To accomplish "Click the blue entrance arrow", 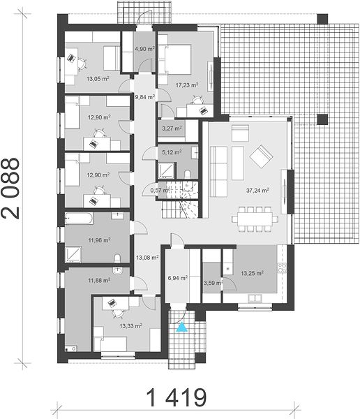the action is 182,327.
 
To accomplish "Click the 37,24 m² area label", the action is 257,190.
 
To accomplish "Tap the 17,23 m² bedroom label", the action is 187,85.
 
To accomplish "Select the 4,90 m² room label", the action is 144,49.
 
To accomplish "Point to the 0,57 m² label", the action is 160,190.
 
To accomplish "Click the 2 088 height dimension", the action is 10,189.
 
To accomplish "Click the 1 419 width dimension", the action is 177,397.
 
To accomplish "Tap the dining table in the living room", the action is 255,219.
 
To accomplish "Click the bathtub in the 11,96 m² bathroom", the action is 79,219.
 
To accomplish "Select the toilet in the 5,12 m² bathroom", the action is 188,174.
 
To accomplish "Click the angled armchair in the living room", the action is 262,156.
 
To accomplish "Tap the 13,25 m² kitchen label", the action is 252,273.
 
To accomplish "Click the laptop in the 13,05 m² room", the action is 71,57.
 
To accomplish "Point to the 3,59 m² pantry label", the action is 213,283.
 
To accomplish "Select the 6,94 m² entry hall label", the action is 178,278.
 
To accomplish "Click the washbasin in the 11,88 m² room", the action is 117,271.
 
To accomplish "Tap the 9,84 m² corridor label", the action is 144,97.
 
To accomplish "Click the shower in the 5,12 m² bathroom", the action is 167,170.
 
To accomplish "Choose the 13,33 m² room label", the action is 130,326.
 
